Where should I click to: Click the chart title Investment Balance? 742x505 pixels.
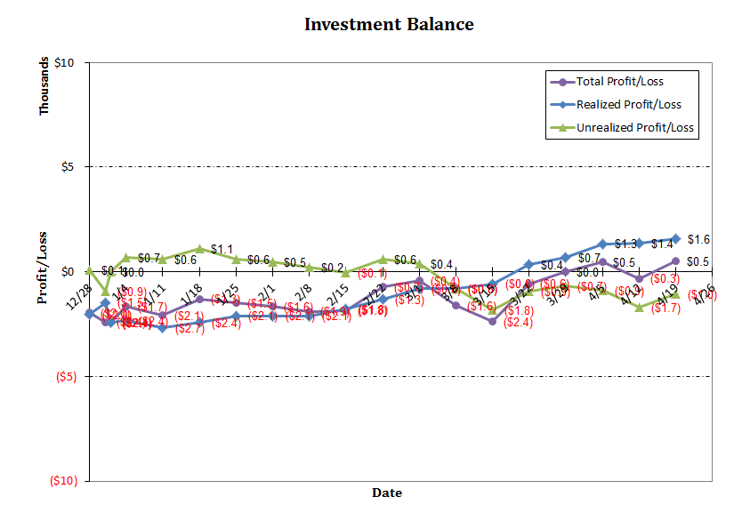(389, 24)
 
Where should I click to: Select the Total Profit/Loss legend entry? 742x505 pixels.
(619, 82)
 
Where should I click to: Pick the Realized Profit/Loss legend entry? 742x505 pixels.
(628, 105)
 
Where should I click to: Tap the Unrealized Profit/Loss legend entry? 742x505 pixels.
(634, 128)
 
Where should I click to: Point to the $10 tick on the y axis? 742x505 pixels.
(63, 63)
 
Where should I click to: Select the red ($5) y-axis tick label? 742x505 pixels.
(61, 377)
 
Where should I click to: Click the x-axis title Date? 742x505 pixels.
(386, 493)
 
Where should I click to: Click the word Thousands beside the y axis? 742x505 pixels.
(44, 88)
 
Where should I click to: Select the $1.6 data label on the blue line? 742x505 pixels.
(698, 240)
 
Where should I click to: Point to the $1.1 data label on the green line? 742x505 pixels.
(222, 249)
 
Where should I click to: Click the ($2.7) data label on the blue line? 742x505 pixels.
(190, 329)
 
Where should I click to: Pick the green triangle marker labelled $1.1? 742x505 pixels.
(200, 249)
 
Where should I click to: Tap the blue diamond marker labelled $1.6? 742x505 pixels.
(676, 238)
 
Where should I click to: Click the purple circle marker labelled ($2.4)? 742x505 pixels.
(492, 321)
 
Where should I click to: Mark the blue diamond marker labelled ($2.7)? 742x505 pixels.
(163, 328)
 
